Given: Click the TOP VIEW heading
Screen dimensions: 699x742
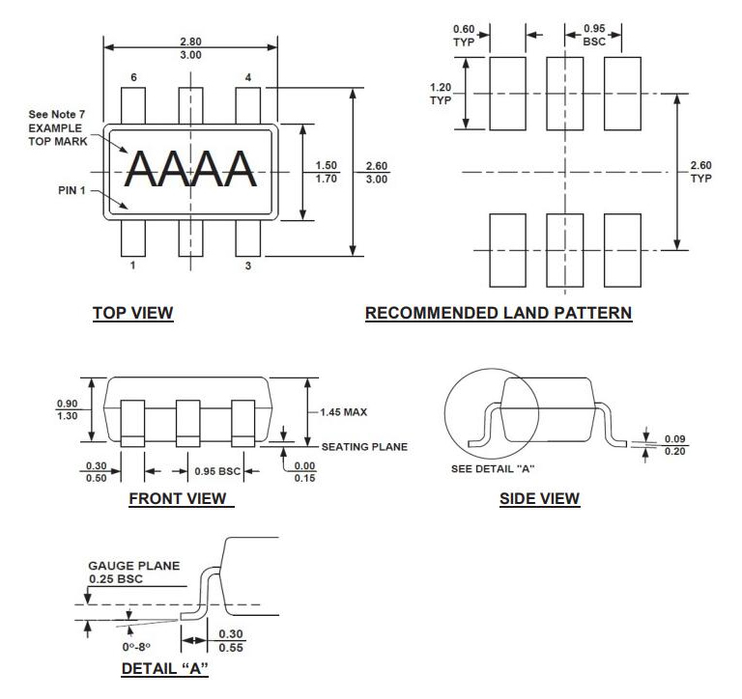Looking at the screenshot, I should [x=132, y=313].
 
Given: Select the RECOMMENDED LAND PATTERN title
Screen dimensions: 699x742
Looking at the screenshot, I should [x=499, y=313].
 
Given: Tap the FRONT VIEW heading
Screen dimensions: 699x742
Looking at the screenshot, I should [x=181, y=498].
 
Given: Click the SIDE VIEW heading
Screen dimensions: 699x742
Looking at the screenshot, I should [x=539, y=498].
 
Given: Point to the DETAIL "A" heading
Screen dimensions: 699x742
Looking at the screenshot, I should [x=164, y=668].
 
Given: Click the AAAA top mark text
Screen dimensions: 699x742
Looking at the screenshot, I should [x=190, y=170].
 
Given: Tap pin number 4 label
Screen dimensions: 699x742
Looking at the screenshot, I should [x=248, y=77].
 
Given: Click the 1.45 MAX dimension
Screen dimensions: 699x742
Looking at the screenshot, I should [x=344, y=412].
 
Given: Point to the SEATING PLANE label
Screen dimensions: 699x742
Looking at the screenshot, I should [x=364, y=446].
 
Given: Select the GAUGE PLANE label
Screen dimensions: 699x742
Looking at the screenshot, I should [x=133, y=566].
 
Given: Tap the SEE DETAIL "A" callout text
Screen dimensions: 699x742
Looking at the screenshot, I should [x=493, y=469].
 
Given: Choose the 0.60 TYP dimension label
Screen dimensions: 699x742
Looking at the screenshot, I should [x=464, y=36].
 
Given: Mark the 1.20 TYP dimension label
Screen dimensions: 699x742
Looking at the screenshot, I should [x=441, y=93].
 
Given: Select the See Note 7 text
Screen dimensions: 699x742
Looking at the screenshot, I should [x=57, y=115].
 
